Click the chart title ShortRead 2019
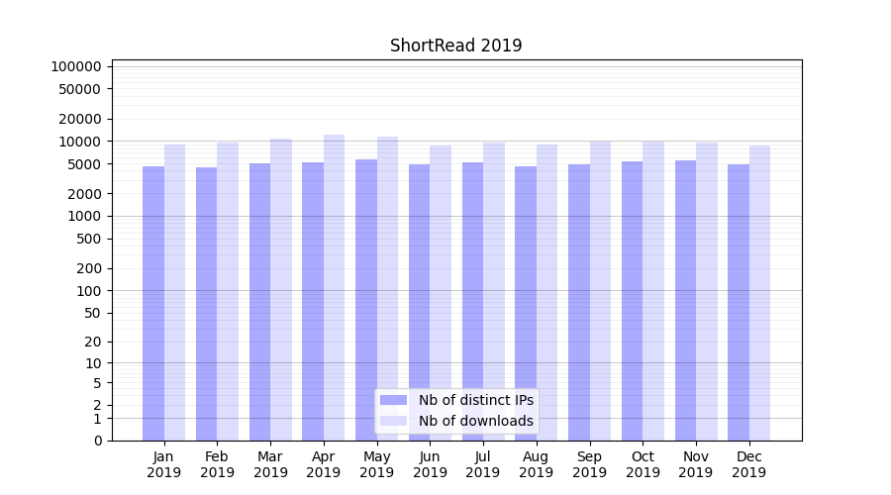pos(455,46)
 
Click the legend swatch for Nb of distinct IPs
pos(394,400)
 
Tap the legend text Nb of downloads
pos(476,421)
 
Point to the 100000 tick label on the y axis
pos(76,66)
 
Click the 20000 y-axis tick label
pos(80,119)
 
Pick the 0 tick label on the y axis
pos(97,441)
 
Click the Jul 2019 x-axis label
pos(483,464)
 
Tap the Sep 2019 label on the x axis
pos(589,464)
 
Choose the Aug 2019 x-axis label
pos(536,464)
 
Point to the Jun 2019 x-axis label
pos(430,464)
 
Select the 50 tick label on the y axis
pos(92,313)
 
